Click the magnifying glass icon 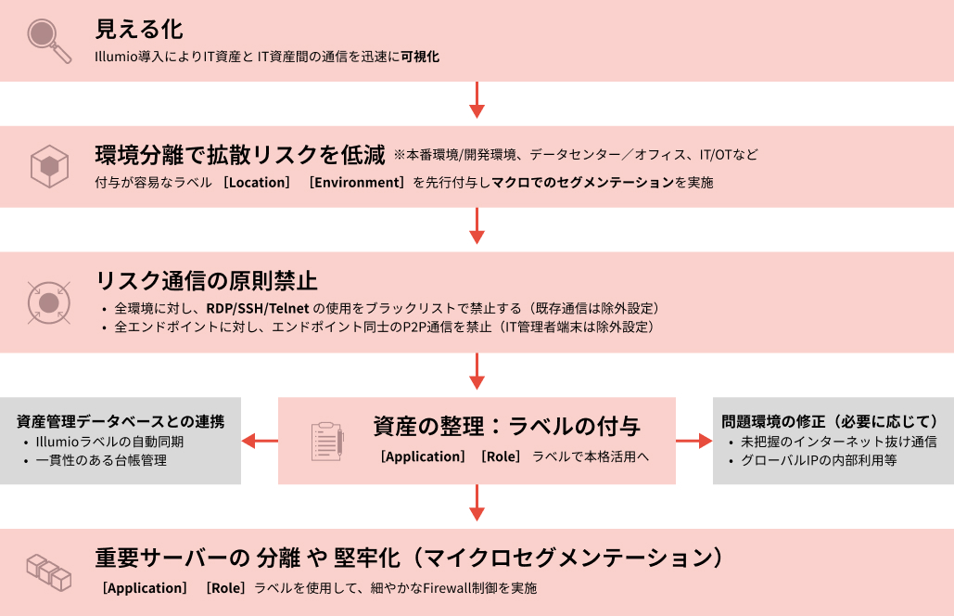(48, 40)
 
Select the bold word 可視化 (420, 57)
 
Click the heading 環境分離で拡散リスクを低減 (240, 153)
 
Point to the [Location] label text (257, 182)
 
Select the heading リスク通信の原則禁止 (208, 280)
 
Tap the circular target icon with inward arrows (47, 302)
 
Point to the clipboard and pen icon (326, 441)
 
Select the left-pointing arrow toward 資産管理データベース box (260, 441)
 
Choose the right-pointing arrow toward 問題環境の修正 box (693, 441)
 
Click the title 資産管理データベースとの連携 (121, 421)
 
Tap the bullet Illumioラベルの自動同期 (109, 442)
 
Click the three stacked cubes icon (48, 572)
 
